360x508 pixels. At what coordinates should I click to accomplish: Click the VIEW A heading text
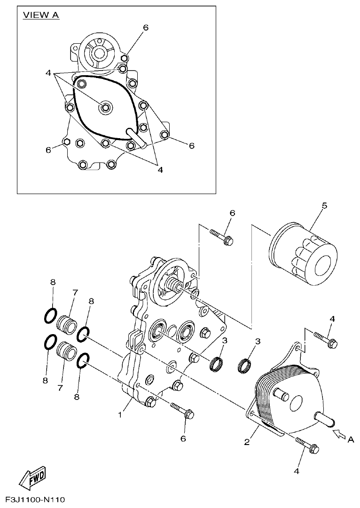[x=41, y=15]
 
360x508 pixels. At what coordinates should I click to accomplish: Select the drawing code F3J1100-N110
[x=35, y=499]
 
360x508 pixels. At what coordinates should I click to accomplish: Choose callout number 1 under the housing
[x=121, y=415]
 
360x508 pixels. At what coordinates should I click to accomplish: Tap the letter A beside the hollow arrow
[x=350, y=440]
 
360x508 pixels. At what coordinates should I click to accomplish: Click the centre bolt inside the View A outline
[x=104, y=108]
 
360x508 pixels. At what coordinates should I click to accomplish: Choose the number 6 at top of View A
[x=146, y=28]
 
